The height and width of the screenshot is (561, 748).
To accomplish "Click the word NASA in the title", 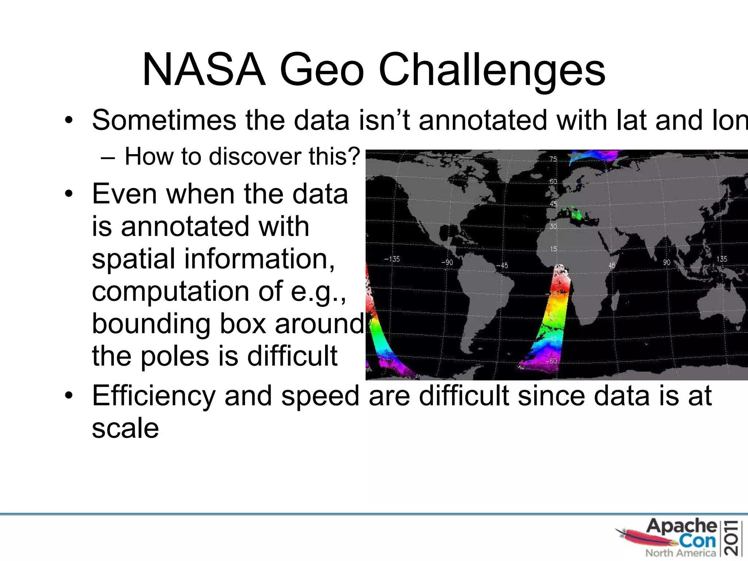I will point(203,69).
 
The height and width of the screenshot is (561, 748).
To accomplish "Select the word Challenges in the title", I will point(492,70).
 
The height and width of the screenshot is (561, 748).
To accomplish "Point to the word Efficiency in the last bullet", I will point(154,396).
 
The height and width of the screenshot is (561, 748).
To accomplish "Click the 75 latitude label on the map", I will point(553,159).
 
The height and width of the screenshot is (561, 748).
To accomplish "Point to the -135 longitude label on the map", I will point(392,259).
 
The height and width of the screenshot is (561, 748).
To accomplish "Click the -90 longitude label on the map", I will point(447,262).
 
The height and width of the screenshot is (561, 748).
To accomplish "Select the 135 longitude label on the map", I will point(722,259).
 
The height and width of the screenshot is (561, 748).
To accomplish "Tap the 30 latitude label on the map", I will point(553,226).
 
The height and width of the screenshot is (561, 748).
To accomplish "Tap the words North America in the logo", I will point(680,553).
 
